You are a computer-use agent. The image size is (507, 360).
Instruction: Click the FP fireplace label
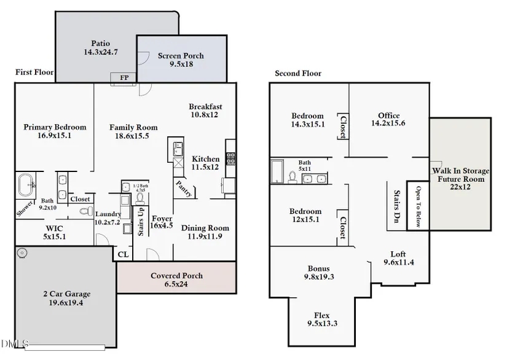(x=125, y=77)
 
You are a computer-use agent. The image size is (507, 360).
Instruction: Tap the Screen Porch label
(x=181, y=55)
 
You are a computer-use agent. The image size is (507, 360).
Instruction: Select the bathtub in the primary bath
(x=26, y=185)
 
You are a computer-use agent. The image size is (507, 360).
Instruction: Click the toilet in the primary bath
(x=86, y=211)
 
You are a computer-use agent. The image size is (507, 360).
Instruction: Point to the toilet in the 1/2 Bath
(x=140, y=199)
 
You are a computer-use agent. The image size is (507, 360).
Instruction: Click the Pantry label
(x=184, y=189)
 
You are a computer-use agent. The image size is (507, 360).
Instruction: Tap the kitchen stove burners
(x=231, y=158)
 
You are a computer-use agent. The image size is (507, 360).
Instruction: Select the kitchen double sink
(x=178, y=149)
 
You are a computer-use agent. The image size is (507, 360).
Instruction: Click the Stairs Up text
(x=141, y=221)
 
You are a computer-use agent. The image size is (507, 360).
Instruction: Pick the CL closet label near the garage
(x=123, y=254)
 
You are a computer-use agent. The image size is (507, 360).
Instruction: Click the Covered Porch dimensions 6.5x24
(x=176, y=284)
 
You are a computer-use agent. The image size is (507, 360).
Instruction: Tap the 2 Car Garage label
(x=67, y=294)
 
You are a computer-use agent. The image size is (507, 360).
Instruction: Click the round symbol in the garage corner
(x=22, y=252)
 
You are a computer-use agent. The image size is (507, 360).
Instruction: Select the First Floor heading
(x=34, y=72)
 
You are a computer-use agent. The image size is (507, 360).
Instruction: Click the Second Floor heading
(x=298, y=73)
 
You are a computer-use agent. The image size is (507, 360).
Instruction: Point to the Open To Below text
(x=419, y=206)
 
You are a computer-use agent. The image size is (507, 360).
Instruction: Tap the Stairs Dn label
(x=397, y=206)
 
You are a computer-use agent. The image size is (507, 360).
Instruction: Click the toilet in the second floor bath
(x=293, y=177)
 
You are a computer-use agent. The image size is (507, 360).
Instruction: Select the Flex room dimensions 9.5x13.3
(x=323, y=324)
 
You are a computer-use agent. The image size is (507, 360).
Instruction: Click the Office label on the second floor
(x=389, y=115)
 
